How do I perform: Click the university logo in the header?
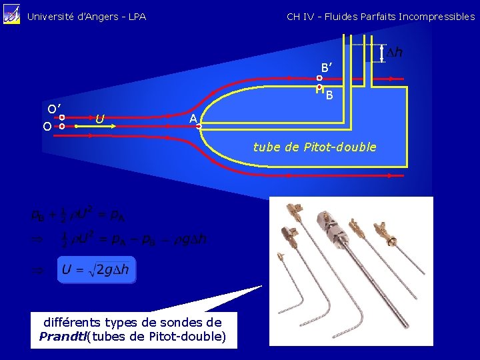(11, 15)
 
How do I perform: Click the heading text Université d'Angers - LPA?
(87, 17)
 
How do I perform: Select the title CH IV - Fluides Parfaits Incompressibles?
(380, 17)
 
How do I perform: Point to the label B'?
(327, 67)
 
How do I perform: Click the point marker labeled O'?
(61, 117)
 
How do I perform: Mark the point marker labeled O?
(61, 125)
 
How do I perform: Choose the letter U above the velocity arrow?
(99, 119)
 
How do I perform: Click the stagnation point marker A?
(199, 125)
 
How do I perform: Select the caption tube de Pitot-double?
(315, 147)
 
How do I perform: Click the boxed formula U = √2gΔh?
(96, 270)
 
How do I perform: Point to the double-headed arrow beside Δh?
(382, 52)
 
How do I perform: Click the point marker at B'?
(319, 78)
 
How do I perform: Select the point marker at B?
(319, 87)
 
